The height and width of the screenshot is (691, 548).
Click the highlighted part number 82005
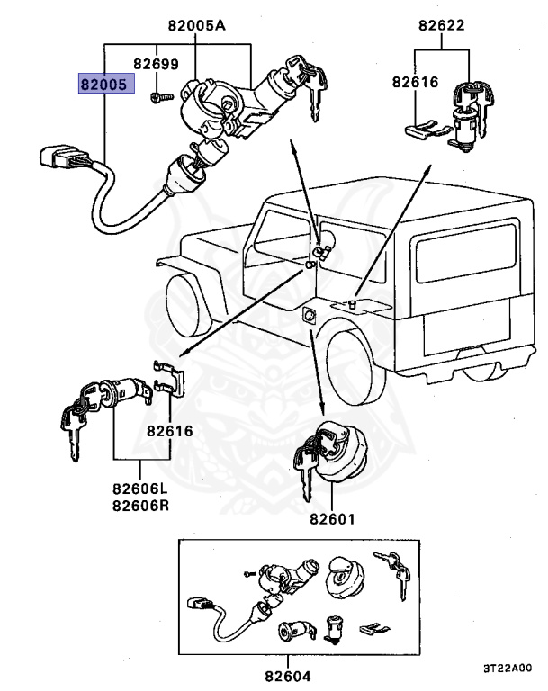pos(105,85)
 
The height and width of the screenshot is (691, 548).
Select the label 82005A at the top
pos(195,26)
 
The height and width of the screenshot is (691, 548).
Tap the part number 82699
pos(156,65)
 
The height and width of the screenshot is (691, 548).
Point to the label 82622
pos(441,26)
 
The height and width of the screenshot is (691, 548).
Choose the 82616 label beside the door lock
pos(170,431)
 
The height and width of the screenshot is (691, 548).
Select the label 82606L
pos(140,489)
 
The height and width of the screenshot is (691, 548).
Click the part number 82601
pos(333,519)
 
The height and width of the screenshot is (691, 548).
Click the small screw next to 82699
pos(159,96)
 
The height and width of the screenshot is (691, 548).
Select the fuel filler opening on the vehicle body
pos(309,315)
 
